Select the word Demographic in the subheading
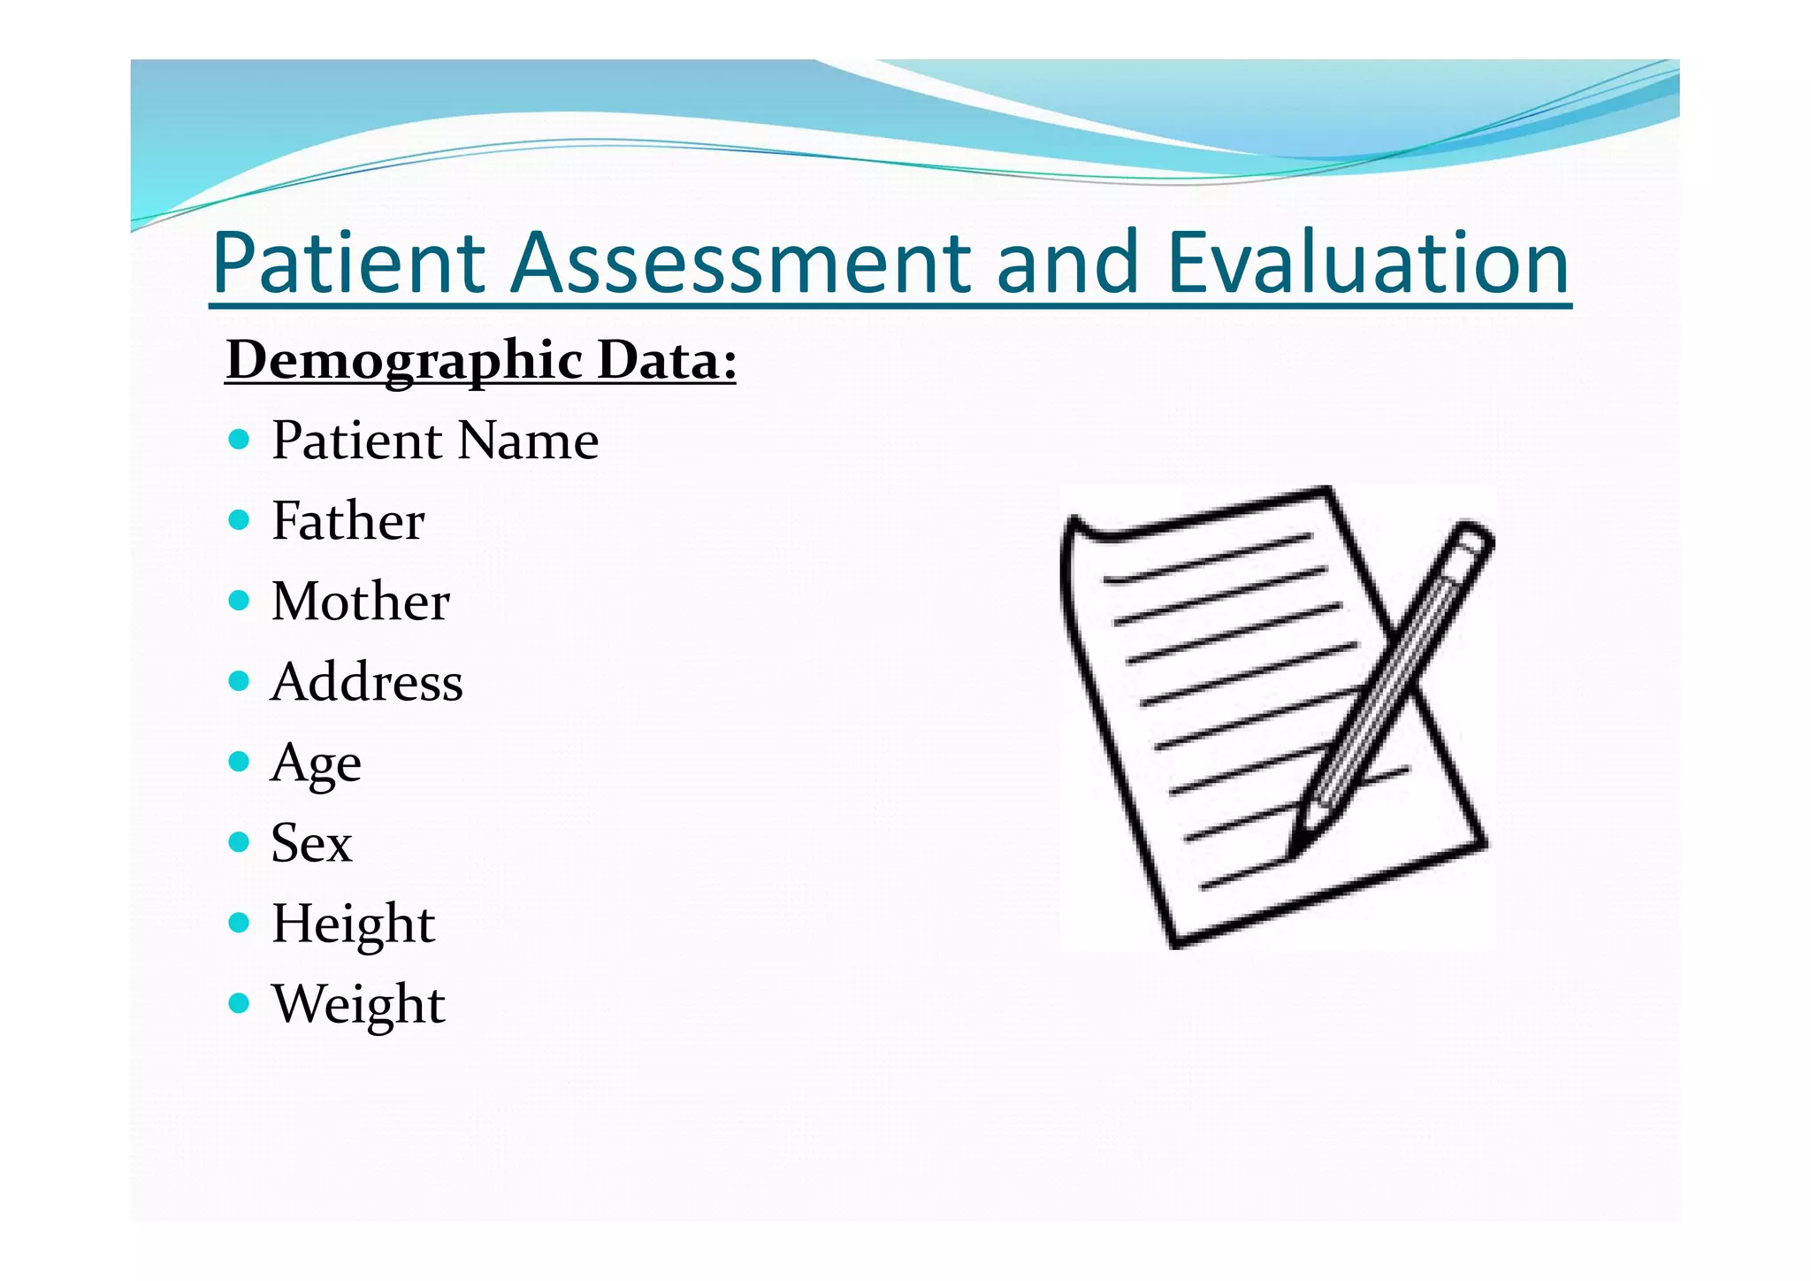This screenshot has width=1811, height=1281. (x=404, y=361)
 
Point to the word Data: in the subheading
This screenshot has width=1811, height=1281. (x=667, y=361)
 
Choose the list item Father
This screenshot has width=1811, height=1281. (x=348, y=520)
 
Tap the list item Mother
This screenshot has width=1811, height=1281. (x=360, y=602)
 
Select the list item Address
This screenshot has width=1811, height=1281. (x=366, y=682)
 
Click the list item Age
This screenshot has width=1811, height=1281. (x=316, y=763)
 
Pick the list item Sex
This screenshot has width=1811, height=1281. (x=311, y=843)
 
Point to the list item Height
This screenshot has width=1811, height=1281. (x=353, y=924)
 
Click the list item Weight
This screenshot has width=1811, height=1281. (x=358, y=1004)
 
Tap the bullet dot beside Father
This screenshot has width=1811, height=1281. (x=239, y=519)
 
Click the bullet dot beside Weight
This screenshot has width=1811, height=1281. (x=239, y=1003)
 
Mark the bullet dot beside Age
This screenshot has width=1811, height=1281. (x=239, y=762)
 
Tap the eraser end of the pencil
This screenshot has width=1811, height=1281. (x=1474, y=536)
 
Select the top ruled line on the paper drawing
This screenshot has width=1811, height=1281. (x=1208, y=559)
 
